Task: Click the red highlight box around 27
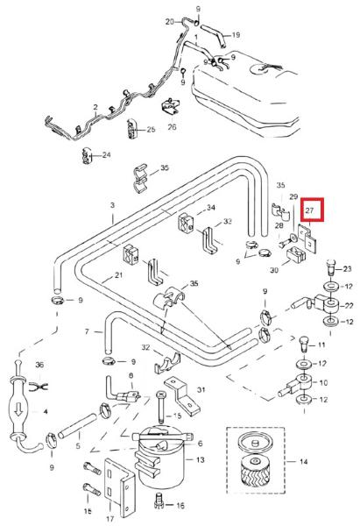click(x=312, y=199)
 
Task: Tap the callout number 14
click(x=303, y=462)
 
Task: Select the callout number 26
click(x=172, y=127)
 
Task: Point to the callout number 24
click(x=107, y=155)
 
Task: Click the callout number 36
click(x=39, y=365)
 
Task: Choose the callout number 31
click(x=201, y=390)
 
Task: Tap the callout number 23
click(x=347, y=269)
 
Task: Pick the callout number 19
click(x=236, y=34)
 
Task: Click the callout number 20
click(x=170, y=22)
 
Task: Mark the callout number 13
click(x=200, y=459)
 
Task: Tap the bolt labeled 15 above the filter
click(x=160, y=408)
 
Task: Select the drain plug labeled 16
click(x=159, y=501)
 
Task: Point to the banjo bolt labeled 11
click(x=303, y=344)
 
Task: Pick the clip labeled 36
click(x=39, y=387)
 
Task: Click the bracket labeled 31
click(x=183, y=396)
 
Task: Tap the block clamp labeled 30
click(x=296, y=254)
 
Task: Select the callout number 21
click(x=118, y=275)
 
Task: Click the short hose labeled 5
click(x=77, y=426)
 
